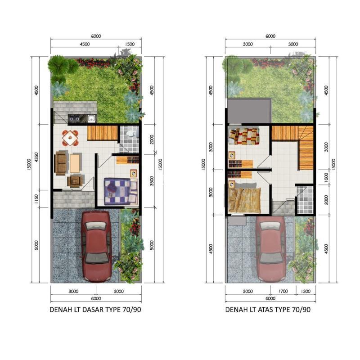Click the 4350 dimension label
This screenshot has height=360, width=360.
tap(36, 157)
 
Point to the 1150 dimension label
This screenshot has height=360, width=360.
tap(36, 199)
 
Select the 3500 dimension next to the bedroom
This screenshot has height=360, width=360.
tap(152, 181)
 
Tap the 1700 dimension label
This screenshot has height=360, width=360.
tap(283, 291)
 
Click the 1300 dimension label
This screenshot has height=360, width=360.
tap(306, 291)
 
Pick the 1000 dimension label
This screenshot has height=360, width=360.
tap(326, 177)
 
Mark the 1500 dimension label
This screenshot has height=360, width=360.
tap(130, 44)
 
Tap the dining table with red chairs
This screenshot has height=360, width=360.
tap(70, 138)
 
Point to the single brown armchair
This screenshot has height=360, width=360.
tap(75, 181)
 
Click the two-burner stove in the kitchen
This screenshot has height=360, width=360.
tap(74, 118)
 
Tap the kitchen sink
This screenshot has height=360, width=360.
tap(92, 118)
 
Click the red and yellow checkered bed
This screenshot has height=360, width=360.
tap(244, 136)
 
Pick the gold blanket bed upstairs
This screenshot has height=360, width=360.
tap(245, 200)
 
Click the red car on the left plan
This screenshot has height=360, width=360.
tap(96, 246)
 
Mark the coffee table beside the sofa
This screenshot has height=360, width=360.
tap(75, 163)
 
